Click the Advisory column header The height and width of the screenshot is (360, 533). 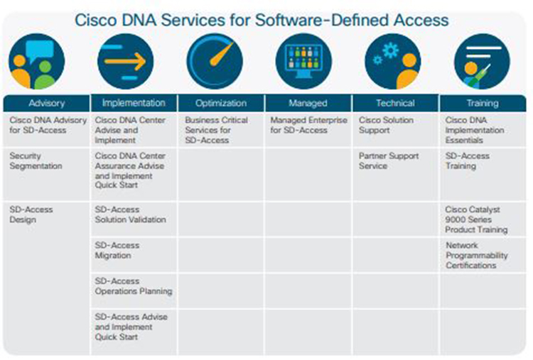click(x=47, y=103)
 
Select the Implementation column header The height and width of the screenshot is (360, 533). click(x=134, y=103)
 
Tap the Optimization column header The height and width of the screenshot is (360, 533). click(x=220, y=103)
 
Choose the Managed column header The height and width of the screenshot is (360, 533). click(x=308, y=103)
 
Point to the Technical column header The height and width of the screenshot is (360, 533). click(x=395, y=103)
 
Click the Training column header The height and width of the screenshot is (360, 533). click(x=482, y=103)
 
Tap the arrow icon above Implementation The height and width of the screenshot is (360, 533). click(x=125, y=62)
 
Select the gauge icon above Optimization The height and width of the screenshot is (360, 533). click(x=214, y=62)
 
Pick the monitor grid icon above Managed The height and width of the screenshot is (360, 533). click(x=303, y=62)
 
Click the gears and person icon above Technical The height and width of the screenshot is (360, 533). click(x=392, y=62)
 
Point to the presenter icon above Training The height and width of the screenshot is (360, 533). click(x=482, y=62)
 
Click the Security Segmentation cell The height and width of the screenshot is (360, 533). click(x=36, y=161)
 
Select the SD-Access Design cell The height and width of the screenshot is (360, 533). click(x=31, y=214)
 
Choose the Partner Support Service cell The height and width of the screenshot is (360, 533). click(x=389, y=161)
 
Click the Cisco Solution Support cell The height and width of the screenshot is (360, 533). click(x=384, y=126)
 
